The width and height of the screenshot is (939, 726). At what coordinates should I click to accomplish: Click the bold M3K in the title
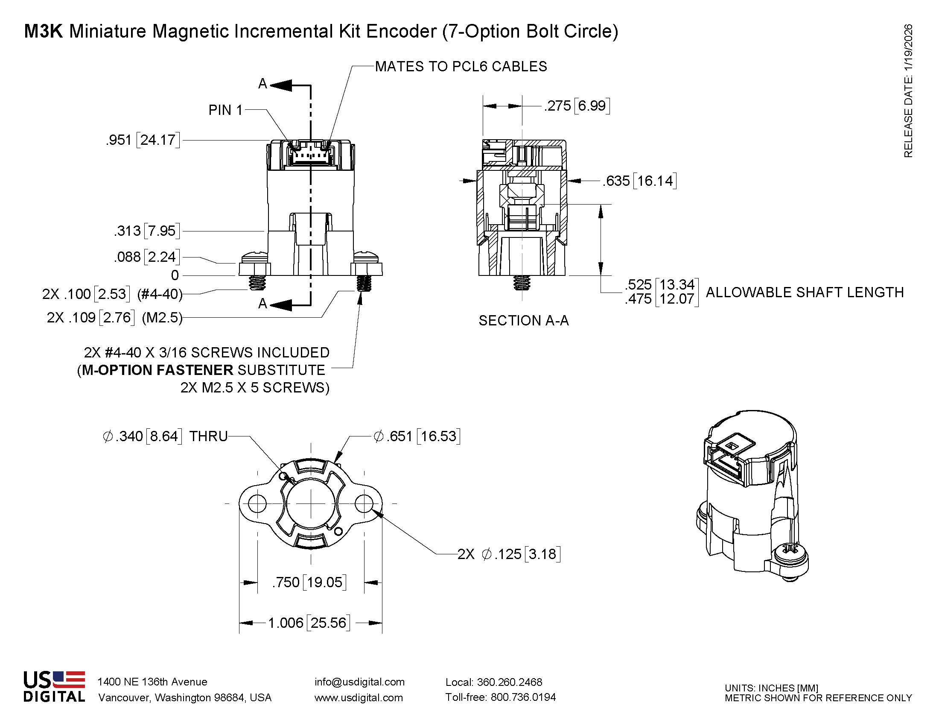coord(44,32)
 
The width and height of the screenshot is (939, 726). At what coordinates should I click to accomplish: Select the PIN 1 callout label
coord(226,110)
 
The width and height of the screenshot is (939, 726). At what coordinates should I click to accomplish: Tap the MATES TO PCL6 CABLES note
coord(461,67)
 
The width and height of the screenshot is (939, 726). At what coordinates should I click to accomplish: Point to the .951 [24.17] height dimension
coord(143,140)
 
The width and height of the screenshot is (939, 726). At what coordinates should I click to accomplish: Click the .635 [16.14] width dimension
coord(639,181)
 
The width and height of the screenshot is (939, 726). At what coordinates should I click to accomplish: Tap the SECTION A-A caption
coord(523,321)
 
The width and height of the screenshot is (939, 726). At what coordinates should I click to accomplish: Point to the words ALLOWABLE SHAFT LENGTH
coord(805,293)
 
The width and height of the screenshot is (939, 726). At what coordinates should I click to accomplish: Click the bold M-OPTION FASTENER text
coord(157,370)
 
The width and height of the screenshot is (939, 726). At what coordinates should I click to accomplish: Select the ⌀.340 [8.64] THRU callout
coord(165,436)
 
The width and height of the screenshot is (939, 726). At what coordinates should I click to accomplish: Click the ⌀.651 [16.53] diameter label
coord(417,436)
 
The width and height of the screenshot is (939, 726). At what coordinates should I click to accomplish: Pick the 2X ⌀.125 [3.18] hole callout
coord(509,554)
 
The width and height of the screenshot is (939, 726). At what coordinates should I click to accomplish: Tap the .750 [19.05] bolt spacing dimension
coord(309,583)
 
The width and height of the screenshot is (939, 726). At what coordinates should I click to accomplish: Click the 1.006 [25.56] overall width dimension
coord(309,623)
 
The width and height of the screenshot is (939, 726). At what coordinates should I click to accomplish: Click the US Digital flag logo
coord(69,680)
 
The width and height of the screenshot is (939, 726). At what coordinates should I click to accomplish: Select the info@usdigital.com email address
coord(359,682)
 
